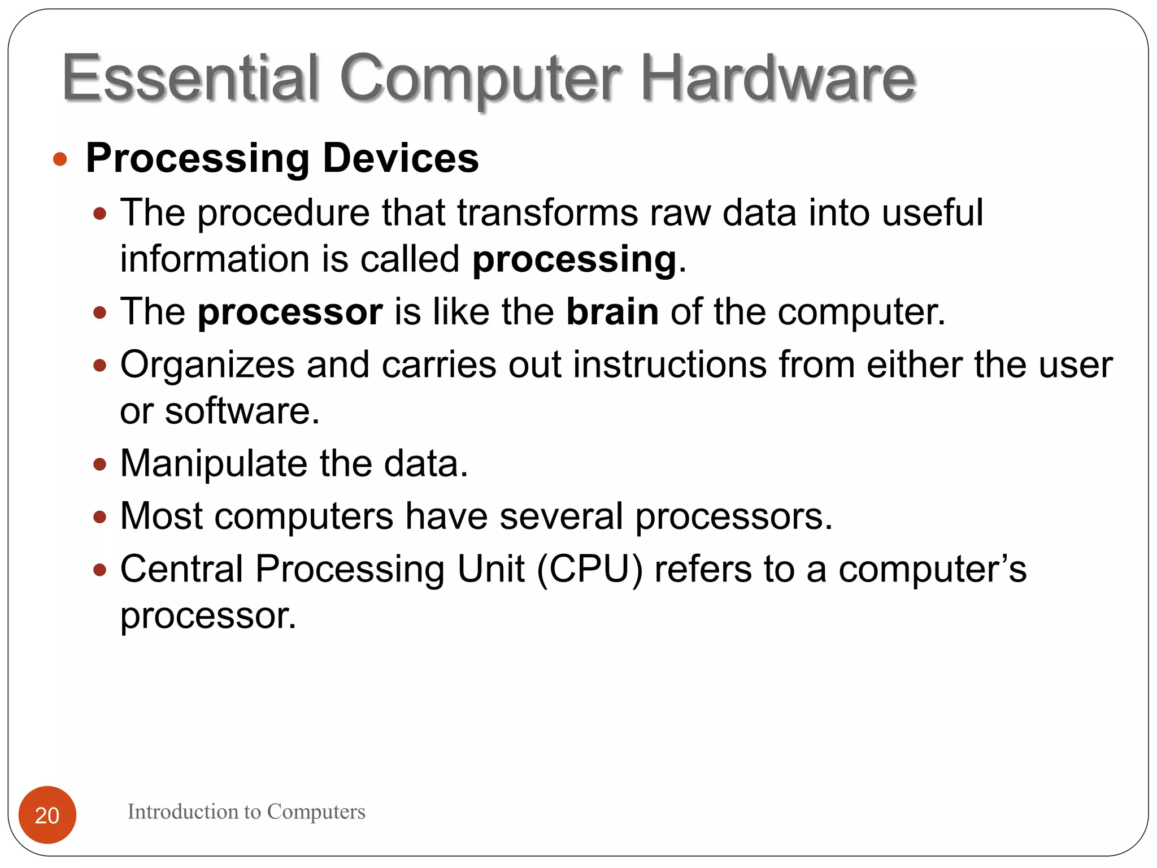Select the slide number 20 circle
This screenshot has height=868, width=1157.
pyautogui.click(x=47, y=814)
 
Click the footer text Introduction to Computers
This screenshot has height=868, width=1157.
pyautogui.click(x=246, y=811)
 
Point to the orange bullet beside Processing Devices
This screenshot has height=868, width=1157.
pyautogui.click(x=60, y=159)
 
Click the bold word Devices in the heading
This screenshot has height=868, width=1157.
pyautogui.click(x=401, y=158)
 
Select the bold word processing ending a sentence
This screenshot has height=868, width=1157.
pyautogui.click(x=574, y=260)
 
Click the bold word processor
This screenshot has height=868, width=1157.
pyautogui.click(x=290, y=313)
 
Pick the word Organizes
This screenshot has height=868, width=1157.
pyautogui.click(x=207, y=365)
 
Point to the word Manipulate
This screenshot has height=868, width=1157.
pyautogui.click(x=214, y=464)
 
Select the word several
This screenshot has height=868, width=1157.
pyautogui.click(x=561, y=516)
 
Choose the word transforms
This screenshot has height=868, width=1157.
pyautogui.click(x=547, y=213)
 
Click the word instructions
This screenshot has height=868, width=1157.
pyautogui.click(x=670, y=364)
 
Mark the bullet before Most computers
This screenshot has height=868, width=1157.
pyautogui.click(x=100, y=517)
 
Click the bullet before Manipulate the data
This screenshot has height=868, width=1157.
pyautogui.click(x=100, y=465)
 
